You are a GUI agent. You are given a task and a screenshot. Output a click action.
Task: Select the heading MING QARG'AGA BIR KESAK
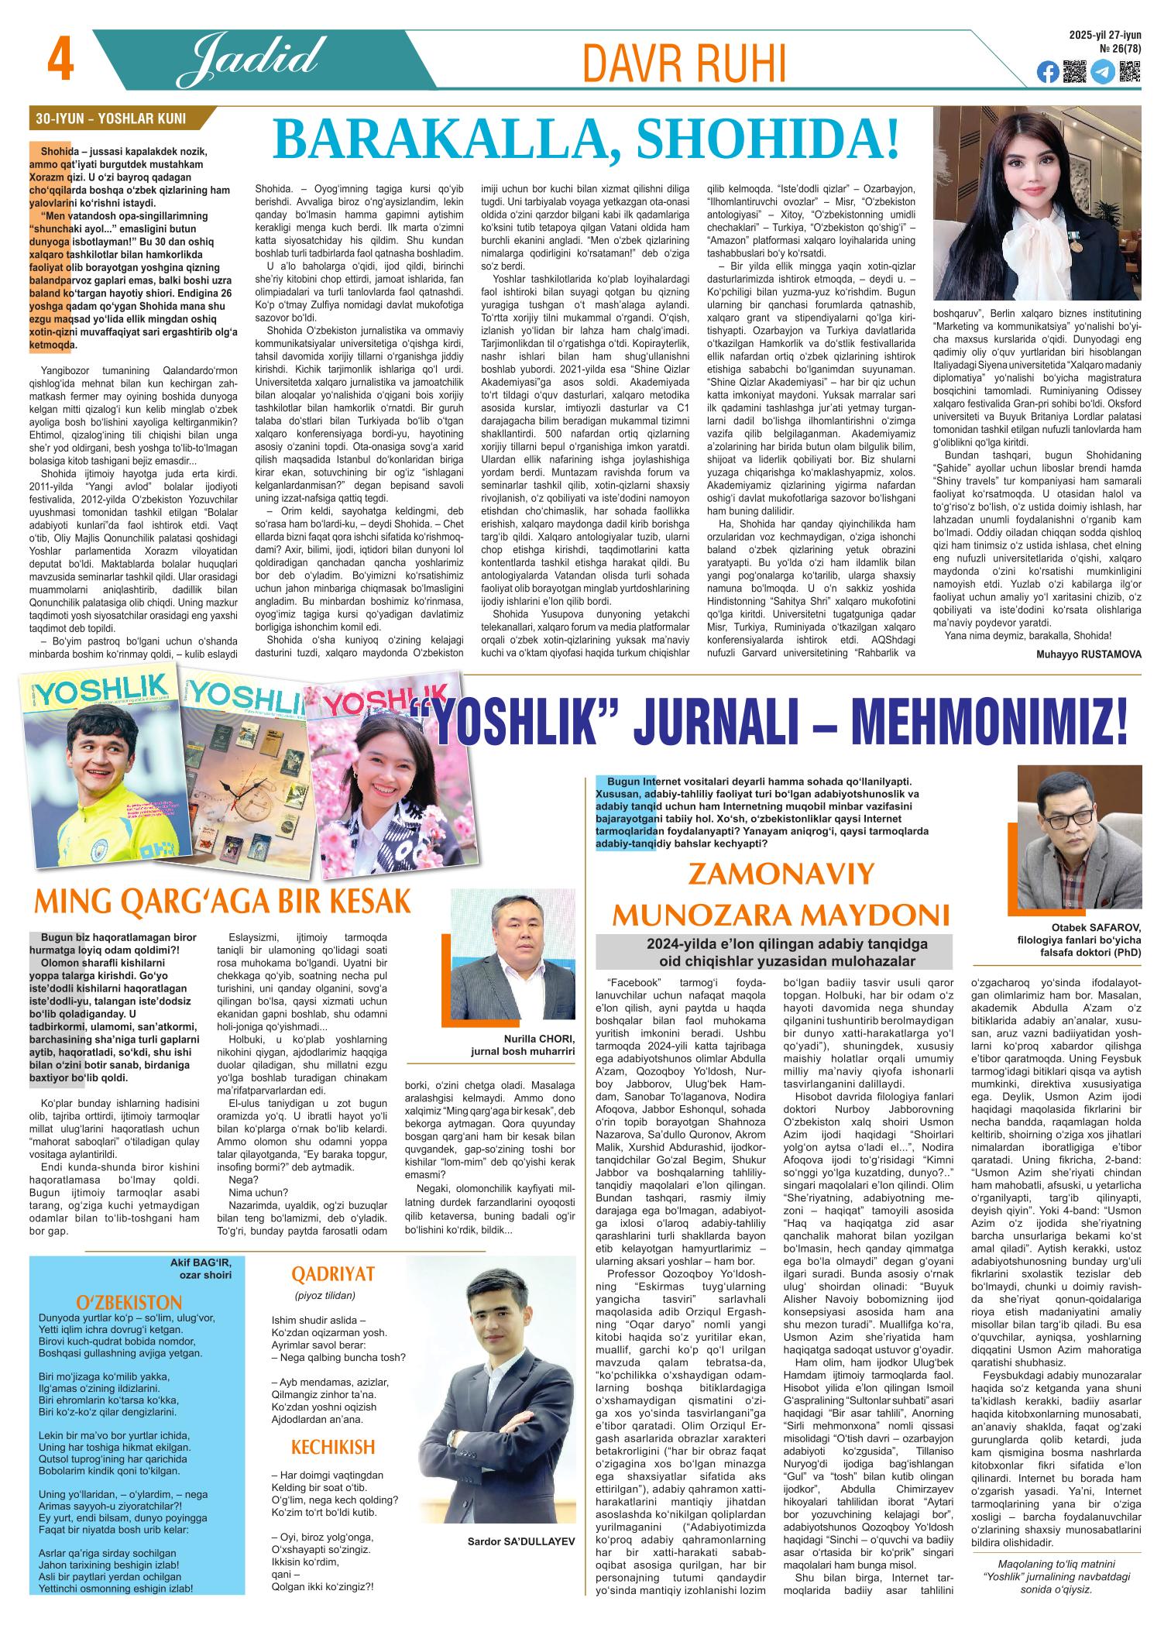(x=220, y=903)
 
